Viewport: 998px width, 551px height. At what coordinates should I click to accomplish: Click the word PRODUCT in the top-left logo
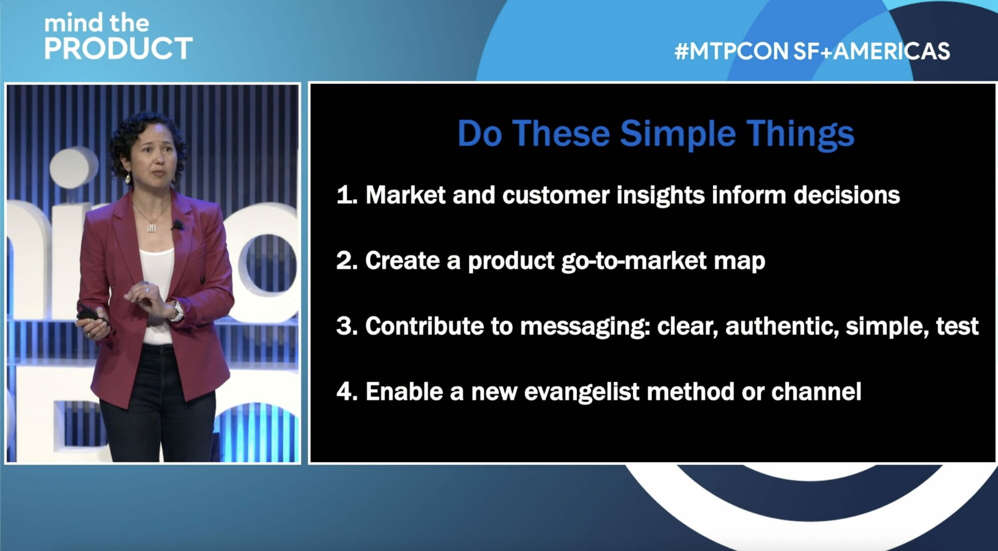click(118, 48)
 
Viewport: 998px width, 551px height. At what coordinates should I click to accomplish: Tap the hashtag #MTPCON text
click(732, 51)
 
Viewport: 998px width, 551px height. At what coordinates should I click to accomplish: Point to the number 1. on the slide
click(347, 195)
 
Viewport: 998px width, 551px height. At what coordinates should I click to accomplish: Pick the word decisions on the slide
click(847, 195)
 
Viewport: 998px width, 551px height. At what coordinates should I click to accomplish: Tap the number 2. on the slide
click(347, 261)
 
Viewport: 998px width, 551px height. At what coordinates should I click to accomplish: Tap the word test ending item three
click(957, 326)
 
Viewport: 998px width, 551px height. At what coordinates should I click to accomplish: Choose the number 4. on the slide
click(347, 391)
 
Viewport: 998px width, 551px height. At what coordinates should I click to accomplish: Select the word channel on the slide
click(816, 392)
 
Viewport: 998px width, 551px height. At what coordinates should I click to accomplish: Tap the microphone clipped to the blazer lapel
click(177, 225)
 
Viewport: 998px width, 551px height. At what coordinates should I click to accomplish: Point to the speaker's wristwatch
click(176, 310)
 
